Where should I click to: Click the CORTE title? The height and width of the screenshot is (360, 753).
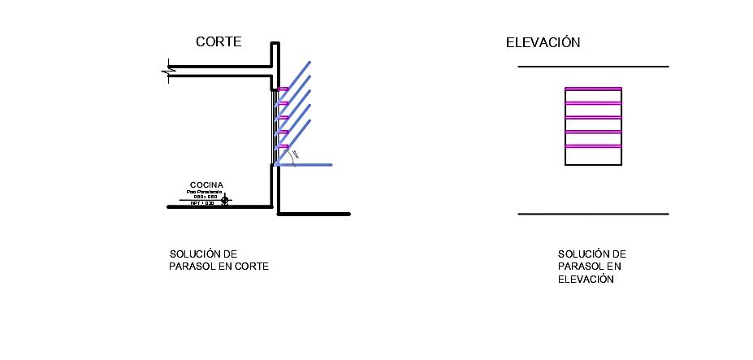pyautogui.click(x=219, y=42)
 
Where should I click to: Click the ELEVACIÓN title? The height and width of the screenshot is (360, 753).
pyautogui.click(x=543, y=43)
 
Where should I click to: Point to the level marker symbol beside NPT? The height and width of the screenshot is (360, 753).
pyautogui.click(x=225, y=198)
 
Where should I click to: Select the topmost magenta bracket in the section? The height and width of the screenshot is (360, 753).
pyautogui.click(x=283, y=89)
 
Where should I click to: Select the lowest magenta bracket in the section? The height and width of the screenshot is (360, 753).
pyautogui.click(x=283, y=146)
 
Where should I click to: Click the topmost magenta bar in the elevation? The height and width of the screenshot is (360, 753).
pyautogui.click(x=593, y=89)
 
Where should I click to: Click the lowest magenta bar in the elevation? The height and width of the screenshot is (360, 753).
pyautogui.click(x=593, y=146)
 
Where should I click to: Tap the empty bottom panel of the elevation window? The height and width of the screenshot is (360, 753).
pyautogui.click(x=593, y=156)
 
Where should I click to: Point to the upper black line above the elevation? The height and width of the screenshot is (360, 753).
pyautogui.click(x=593, y=66)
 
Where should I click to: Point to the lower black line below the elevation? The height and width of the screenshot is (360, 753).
pyautogui.click(x=593, y=215)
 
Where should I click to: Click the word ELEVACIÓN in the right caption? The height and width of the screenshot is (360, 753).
pyautogui.click(x=585, y=280)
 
